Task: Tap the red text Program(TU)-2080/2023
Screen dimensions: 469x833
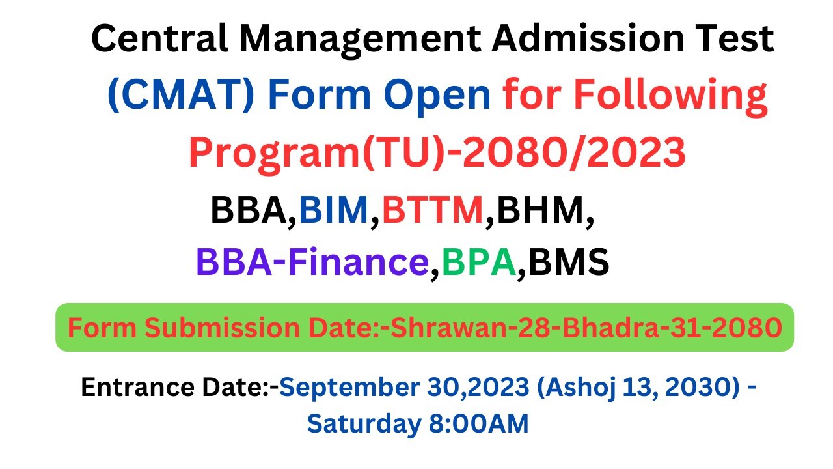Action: (437, 152)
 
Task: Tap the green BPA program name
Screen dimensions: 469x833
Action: (478, 262)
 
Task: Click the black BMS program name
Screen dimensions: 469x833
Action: (567, 262)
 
